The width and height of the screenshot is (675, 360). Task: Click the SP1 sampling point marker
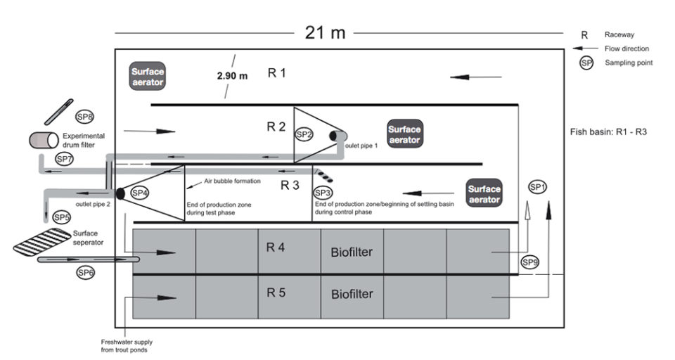point(537,187)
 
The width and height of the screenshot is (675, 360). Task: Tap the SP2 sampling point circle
point(304,134)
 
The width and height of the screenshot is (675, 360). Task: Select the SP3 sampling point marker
point(323,193)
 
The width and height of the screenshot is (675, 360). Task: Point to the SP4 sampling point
point(140,193)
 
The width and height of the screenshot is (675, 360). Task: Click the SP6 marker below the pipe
point(85,273)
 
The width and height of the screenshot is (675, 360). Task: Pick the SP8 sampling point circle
point(84,117)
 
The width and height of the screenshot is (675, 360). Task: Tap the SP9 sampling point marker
point(529,262)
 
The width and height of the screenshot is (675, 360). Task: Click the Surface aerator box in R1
point(148,76)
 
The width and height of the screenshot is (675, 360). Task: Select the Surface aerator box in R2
point(405,134)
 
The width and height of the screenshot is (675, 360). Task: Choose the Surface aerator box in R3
point(484,193)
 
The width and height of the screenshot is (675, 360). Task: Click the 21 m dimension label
point(325,33)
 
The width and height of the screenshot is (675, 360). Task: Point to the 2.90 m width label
point(233,76)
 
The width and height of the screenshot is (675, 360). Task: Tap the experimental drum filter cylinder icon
point(44,141)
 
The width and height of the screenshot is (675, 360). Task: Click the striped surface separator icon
point(42,242)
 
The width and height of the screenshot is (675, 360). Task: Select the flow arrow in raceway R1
point(476,77)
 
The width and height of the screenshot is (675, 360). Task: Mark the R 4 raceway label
point(276,247)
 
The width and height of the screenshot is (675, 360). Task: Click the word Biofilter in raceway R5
point(352,294)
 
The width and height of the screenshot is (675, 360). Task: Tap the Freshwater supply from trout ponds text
point(127,346)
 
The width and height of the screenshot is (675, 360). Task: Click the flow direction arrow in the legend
point(585,49)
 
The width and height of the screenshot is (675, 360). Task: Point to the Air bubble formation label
point(233,181)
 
